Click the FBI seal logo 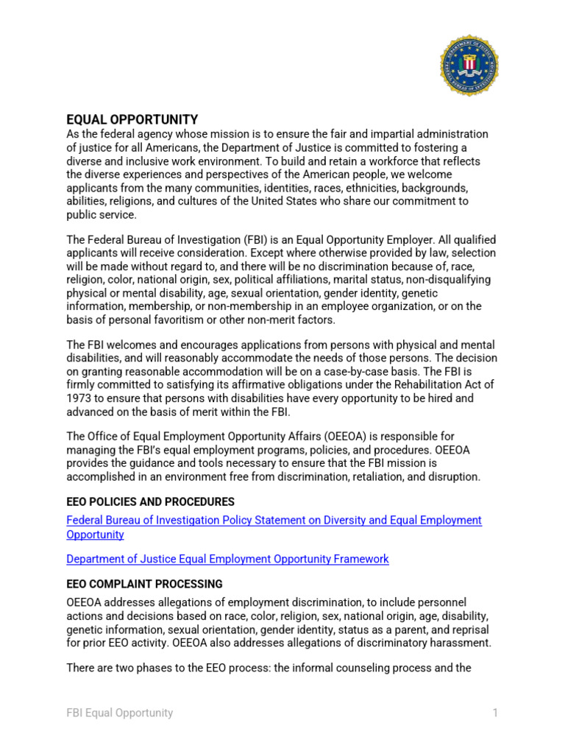tap(469, 66)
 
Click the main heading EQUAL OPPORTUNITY tap(132, 119)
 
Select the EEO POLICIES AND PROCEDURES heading tap(151, 501)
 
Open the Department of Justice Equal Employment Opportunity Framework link tap(227, 559)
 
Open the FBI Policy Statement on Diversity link tap(274, 521)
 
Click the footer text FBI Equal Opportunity tap(120, 713)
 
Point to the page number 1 tap(496, 713)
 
